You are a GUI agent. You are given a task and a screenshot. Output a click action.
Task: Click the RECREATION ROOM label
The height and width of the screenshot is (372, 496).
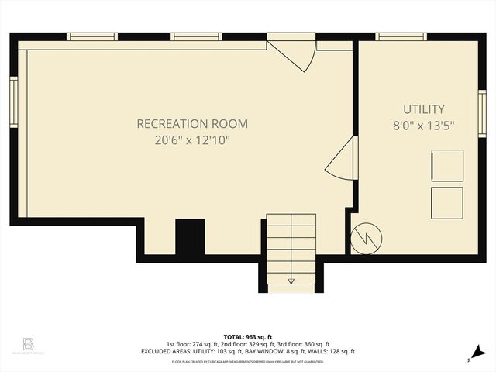coord(192,123)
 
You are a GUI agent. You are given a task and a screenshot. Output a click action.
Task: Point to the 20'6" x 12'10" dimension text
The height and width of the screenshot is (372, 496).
coord(192,139)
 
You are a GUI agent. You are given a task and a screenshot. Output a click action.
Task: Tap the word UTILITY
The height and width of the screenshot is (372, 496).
coord(423,109)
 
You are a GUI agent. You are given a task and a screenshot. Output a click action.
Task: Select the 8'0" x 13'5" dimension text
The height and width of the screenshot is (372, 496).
coord(423,125)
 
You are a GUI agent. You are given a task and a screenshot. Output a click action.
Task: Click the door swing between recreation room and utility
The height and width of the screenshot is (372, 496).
coord(341,160)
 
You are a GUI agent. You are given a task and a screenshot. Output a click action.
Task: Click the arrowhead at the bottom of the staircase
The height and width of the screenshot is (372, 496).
coord(291,281)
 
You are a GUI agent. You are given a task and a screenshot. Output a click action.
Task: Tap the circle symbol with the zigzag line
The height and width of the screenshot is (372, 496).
coord(365,239)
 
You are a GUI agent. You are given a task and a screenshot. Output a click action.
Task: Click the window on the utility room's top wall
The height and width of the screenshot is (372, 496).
coord(401,36)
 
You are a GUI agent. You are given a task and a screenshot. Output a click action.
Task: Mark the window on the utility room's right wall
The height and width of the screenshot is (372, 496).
coord(482,113)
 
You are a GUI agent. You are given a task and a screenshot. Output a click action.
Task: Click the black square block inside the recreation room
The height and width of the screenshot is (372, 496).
coord(189,237)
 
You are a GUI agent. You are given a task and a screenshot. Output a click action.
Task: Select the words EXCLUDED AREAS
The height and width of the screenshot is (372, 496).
coord(190,352)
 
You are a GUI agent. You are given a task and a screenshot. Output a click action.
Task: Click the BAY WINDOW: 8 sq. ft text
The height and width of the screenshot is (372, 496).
coord(254,352)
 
